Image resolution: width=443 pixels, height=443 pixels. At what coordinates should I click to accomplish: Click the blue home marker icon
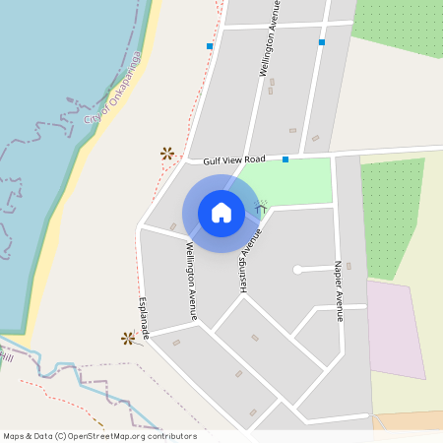click(x=221, y=212)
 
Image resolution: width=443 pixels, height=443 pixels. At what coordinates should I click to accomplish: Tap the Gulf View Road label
click(x=234, y=159)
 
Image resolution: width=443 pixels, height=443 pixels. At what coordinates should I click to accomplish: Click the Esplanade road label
click(x=144, y=319)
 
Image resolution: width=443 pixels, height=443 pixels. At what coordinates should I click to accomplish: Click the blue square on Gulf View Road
click(x=285, y=159)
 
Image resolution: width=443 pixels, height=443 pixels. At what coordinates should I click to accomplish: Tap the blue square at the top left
click(x=210, y=46)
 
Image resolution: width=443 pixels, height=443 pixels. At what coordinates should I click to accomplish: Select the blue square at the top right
click(x=321, y=42)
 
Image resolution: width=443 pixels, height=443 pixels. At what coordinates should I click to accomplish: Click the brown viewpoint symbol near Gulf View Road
click(x=166, y=153)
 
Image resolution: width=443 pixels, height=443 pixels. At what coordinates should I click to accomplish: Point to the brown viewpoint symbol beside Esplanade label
click(x=127, y=339)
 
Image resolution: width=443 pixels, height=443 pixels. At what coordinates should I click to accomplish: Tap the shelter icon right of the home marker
click(x=262, y=207)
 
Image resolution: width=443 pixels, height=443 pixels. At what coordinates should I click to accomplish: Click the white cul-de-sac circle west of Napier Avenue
click(x=296, y=269)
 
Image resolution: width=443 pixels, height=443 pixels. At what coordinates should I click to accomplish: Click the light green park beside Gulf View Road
click(x=290, y=183)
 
